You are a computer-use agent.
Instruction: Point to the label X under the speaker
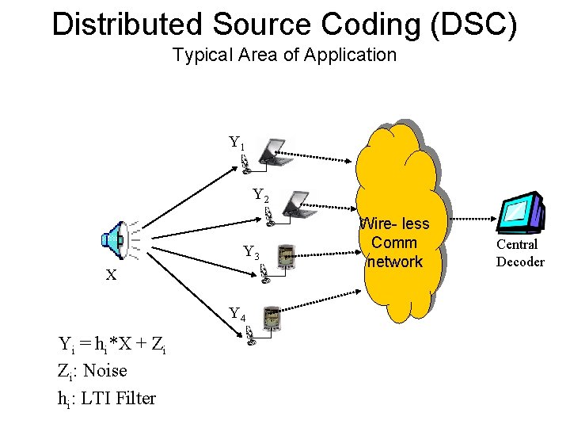[112, 275]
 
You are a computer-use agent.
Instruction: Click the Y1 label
[236, 143]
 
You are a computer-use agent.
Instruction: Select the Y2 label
[260, 195]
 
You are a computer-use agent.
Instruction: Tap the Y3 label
[251, 253]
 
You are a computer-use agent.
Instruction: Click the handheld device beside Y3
[287, 255]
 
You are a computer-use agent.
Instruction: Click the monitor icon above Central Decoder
[520, 212]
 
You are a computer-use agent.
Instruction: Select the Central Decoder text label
[519, 253]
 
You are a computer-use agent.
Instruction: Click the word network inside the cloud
[394, 262]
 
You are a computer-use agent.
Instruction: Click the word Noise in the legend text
[104, 370]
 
